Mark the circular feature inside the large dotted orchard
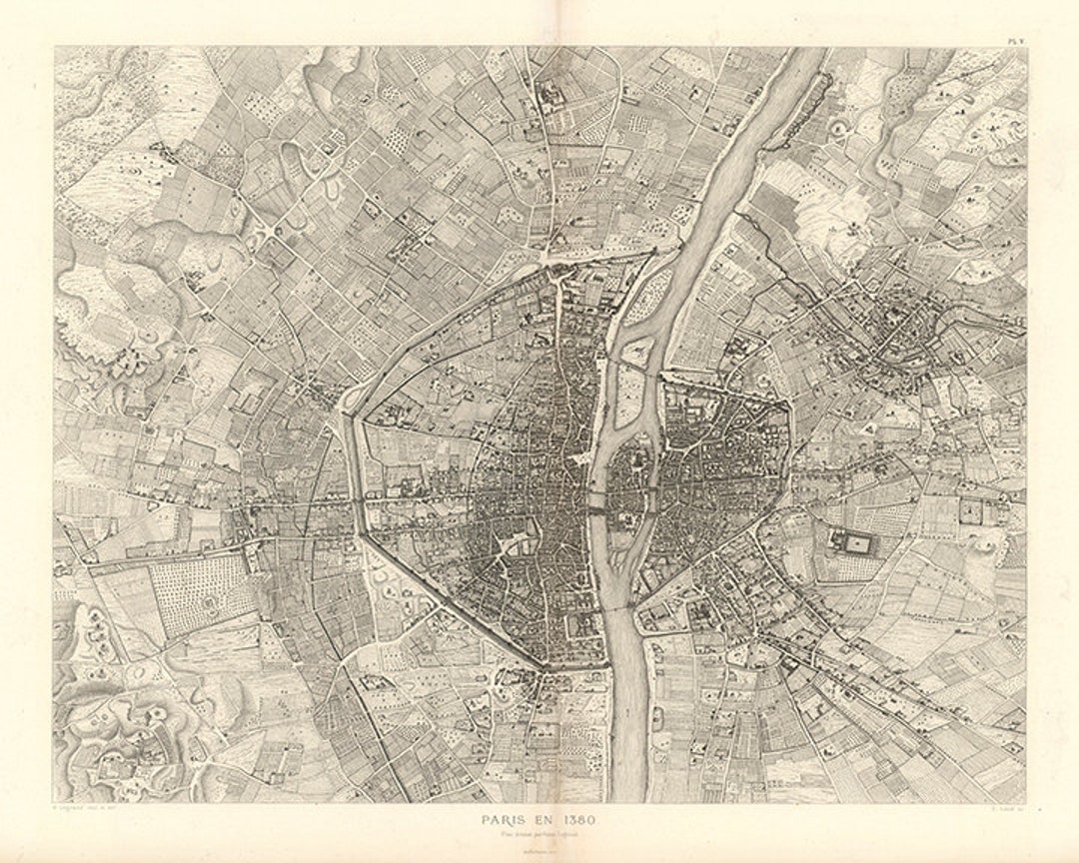click(208, 603)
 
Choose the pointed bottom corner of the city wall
click(545, 667)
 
